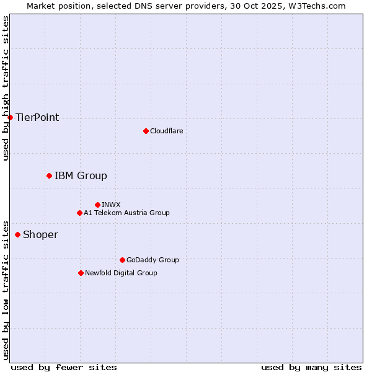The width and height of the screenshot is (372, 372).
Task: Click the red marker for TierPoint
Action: click(x=10, y=117)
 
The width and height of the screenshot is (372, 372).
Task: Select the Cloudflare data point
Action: click(x=146, y=131)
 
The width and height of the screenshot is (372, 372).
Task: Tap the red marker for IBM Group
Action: click(x=49, y=175)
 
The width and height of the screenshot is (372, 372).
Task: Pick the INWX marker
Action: click(x=97, y=205)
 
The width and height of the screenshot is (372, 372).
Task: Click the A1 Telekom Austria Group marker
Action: click(x=79, y=213)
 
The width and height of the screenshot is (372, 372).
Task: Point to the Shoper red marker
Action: click(x=17, y=234)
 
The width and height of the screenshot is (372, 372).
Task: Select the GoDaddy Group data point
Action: click(x=122, y=260)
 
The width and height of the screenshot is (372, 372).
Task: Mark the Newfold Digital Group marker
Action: click(x=81, y=273)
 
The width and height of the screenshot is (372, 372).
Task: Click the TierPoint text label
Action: click(x=37, y=117)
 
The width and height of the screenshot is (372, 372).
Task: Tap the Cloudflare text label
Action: click(x=166, y=131)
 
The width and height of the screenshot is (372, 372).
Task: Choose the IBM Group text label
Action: click(x=81, y=175)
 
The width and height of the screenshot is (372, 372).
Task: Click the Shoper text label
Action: click(x=40, y=234)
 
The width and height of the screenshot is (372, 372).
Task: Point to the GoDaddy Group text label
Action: click(x=153, y=260)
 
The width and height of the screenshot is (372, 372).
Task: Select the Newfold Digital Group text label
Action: click(x=121, y=273)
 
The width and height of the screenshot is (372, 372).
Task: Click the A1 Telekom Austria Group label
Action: click(x=126, y=213)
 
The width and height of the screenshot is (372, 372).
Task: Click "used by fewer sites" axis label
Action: click(x=64, y=367)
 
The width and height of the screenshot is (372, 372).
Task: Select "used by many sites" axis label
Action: click(x=311, y=367)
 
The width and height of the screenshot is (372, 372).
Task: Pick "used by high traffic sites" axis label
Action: click(x=6, y=88)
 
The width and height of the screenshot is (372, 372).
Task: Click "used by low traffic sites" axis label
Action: click(x=6, y=290)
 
